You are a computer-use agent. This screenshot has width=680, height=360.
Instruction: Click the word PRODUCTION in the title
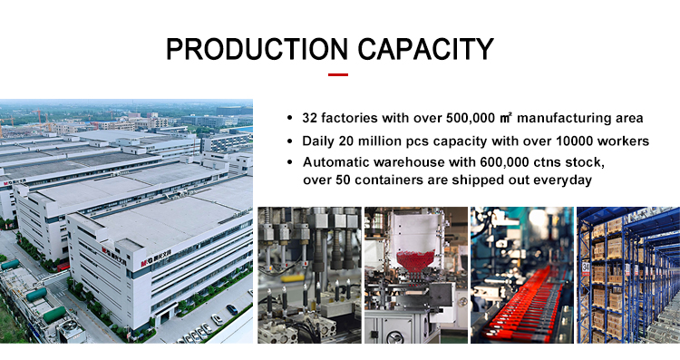(257, 49)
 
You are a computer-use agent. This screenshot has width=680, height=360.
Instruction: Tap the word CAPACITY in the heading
(425, 49)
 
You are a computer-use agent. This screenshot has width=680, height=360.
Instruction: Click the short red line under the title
(338, 74)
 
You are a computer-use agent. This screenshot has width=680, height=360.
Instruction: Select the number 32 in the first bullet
(309, 118)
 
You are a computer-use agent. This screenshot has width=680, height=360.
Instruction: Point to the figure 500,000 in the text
(470, 118)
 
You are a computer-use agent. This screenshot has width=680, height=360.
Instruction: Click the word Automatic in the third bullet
(336, 162)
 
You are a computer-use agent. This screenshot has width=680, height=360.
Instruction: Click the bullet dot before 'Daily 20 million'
(290, 141)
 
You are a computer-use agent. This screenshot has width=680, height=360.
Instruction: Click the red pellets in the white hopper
(415, 260)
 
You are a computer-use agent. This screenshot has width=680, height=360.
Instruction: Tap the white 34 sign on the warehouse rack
(586, 268)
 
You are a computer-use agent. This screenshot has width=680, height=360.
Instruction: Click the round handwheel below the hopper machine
(394, 337)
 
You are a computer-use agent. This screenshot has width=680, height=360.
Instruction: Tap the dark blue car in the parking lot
(231, 309)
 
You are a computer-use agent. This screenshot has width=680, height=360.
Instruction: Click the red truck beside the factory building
(63, 267)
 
